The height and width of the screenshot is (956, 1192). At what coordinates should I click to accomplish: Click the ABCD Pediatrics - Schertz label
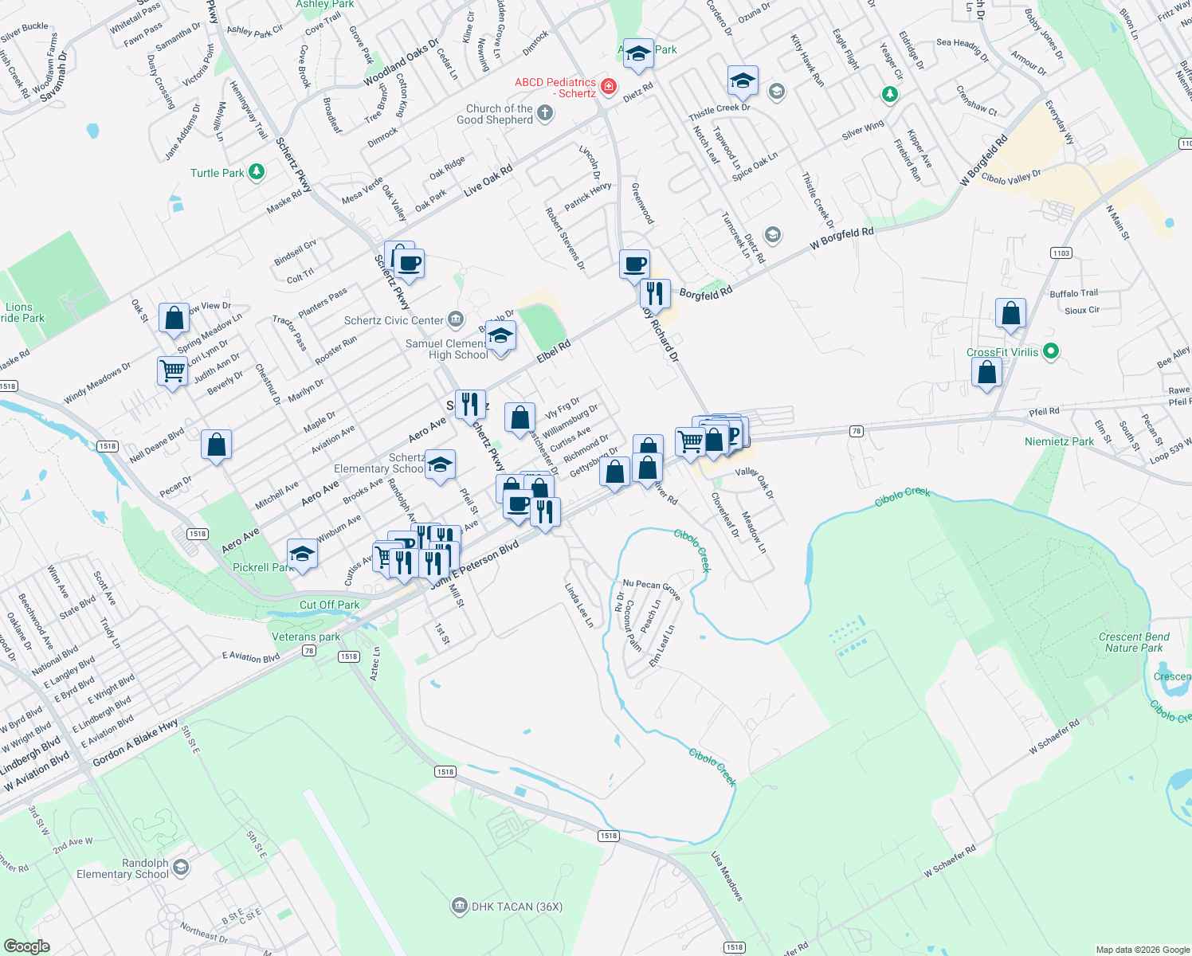tap(555, 88)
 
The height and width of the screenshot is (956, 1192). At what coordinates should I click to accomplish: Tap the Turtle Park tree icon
tap(257, 172)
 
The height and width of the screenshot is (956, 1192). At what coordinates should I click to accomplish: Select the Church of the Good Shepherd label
tap(500, 114)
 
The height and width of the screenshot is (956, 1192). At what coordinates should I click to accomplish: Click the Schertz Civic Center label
tap(394, 320)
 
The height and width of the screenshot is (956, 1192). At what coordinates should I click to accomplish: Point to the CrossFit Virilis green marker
tap(1051, 351)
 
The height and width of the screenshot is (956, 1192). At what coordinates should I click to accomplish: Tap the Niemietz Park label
tap(1059, 441)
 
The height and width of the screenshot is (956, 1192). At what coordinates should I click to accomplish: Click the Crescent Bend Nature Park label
tap(1134, 642)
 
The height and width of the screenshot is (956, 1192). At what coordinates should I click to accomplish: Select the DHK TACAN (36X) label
tap(517, 907)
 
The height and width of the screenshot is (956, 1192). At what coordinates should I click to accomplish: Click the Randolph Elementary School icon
tap(181, 867)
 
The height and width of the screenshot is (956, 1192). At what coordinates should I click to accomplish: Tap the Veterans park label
tap(306, 637)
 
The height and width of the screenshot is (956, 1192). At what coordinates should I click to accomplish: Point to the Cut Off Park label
tap(329, 605)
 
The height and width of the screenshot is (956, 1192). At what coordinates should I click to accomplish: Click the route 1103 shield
tap(1061, 253)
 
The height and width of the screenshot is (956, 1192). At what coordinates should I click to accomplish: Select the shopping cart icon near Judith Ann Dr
tap(172, 370)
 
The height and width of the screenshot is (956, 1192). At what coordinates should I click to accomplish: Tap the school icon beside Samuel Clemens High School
tap(500, 337)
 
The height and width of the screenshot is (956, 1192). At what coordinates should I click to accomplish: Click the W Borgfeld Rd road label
tap(841, 238)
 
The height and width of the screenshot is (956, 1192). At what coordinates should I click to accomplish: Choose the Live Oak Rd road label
tap(488, 180)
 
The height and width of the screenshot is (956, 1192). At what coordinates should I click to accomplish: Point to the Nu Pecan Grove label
tap(651, 589)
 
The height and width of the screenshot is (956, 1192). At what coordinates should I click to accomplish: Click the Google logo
tap(26, 946)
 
